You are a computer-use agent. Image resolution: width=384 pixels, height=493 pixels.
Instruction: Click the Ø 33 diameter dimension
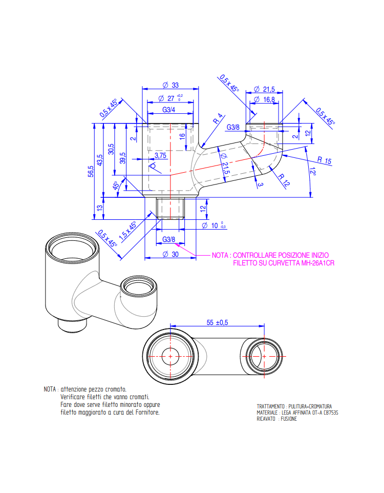point(170,85)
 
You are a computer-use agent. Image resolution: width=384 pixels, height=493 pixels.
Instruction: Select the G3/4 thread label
point(169,110)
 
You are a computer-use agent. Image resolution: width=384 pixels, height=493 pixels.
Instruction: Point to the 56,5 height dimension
point(91,171)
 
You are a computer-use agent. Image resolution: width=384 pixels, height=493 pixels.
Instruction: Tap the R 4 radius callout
point(218,118)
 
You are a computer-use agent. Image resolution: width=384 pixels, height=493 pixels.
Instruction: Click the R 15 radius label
point(324,160)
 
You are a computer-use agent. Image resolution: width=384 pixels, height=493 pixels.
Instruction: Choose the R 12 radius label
point(284,180)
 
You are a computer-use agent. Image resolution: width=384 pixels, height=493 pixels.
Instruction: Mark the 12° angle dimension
point(312,171)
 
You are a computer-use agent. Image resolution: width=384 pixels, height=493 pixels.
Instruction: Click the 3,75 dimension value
point(160,155)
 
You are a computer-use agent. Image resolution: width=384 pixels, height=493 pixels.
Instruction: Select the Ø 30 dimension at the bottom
point(170,254)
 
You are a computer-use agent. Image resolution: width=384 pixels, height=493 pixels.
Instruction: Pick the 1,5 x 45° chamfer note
point(128,231)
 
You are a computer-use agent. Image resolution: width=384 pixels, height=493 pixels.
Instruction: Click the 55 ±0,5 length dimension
point(217,322)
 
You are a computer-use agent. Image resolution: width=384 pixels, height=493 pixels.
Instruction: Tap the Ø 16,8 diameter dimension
point(264,99)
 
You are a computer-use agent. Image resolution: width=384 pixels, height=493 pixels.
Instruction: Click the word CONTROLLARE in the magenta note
point(254,255)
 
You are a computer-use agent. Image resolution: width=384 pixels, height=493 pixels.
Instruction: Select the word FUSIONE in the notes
point(289,419)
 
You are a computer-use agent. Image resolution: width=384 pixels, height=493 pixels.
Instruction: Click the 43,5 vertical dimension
point(100,160)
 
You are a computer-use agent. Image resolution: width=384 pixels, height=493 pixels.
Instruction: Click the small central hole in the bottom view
point(170,357)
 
